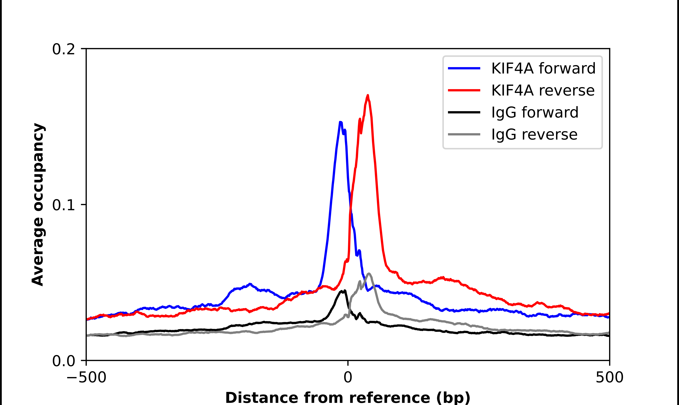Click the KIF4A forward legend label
[543, 68]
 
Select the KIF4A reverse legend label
[543, 90]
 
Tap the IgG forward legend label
[535, 112]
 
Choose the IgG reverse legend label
[534, 135]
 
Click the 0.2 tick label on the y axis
[63, 49]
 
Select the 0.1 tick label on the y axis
[63, 205]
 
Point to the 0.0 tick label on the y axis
[63, 361]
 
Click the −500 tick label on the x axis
[86, 377]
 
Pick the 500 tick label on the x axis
[609, 377]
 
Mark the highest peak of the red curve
[368, 95]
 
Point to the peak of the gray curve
[369, 274]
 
